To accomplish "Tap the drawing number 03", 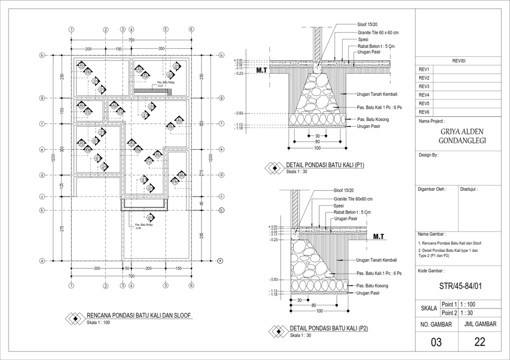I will (x=436, y=342).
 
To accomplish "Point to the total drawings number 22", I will (x=479, y=342).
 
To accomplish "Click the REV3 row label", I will (x=424, y=87).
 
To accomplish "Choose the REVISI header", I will (x=458, y=61).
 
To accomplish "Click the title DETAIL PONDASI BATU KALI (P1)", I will (x=325, y=165).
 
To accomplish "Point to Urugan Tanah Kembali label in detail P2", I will (x=377, y=260).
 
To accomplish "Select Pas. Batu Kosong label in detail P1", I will (x=373, y=119).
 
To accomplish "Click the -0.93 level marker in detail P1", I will (x=240, y=114).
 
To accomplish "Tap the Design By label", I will (x=429, y=155).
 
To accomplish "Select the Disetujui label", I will (x=469, y=189).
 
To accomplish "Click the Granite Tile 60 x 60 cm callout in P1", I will (x=378, y=32).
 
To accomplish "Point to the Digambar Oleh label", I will (x=432, y=189).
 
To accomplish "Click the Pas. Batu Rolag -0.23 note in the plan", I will (x=166, y=84).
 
